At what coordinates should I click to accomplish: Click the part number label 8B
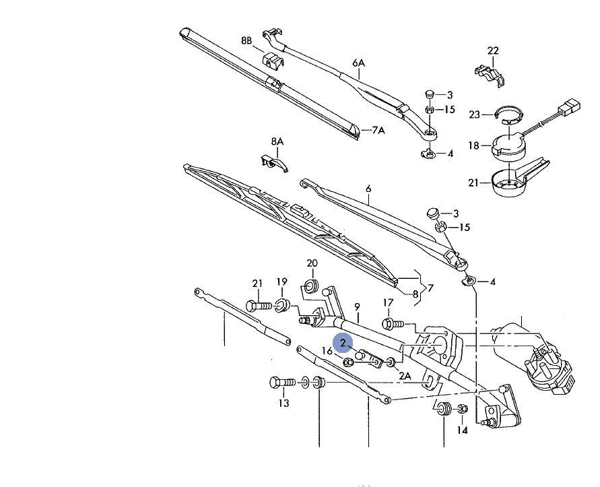[246, 41]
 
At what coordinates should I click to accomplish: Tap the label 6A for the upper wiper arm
[358, 63]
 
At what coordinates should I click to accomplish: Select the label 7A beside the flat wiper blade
[377, 130]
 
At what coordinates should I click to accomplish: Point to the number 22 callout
[493, 51]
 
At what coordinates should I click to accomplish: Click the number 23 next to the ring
[475, 115]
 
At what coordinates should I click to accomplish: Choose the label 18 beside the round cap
[473, 145]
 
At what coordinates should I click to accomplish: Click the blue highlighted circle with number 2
[343, 343]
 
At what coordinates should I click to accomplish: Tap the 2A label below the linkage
[405, 375]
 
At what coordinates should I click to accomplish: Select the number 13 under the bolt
[284, 403]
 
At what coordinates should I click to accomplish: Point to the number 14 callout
[462, 430]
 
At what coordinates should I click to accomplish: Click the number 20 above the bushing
[312, 263]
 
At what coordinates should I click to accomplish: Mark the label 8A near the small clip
[277, 142]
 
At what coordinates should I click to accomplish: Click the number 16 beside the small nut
[327, 351]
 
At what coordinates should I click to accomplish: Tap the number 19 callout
[281, 282]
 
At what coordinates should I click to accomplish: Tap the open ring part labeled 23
[507, 115]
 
